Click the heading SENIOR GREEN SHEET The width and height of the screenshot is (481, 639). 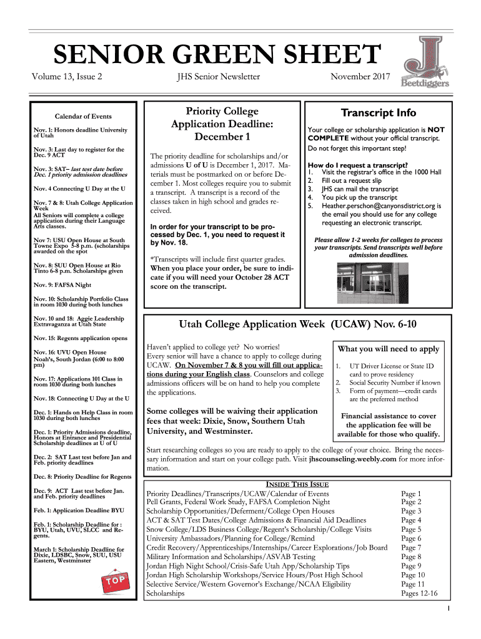tap(216, 56)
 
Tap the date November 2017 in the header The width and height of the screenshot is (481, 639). tap(360, 77)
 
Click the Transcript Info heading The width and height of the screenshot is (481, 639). tap(378, 113)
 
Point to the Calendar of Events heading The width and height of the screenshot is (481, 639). tap(83, 117)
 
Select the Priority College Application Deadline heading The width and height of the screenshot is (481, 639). tap(222, 124)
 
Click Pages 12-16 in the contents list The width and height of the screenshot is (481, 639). tap(419, 593)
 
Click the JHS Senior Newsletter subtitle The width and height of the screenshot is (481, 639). tap(218, 77)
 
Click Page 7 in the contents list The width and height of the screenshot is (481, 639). tap(411, 548)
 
